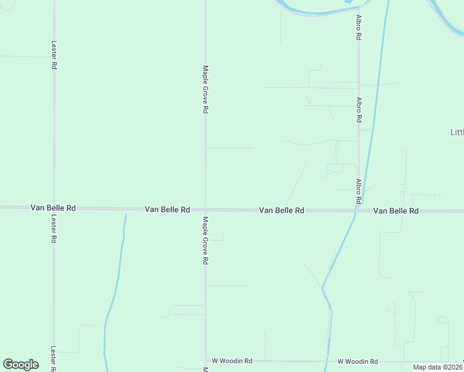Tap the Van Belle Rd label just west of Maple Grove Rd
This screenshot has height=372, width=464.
pyautogui.click(x=167, y=210)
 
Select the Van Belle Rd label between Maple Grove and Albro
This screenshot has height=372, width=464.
pyautogui.click(x=281, y=210)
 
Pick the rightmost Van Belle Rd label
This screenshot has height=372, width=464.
pyautogui.click(x=396, y=211)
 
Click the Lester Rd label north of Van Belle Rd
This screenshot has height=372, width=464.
pyautogui.click(x=54, y=55)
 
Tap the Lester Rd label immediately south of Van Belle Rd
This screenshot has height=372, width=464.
pyautogui.click(x=54, y=229)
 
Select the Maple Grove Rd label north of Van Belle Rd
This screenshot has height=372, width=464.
pyautogui.click(x=205, y=89)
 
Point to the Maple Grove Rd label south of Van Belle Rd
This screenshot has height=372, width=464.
pyautogui.click(x=205, y=241)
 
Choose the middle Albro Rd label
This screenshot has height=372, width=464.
pyautogui.click(x=359, y=108)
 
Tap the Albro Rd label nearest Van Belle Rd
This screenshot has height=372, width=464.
pyautogui.click(x=359, y=192)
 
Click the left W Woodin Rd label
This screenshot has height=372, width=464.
pyautogui.click(x=232, y=360)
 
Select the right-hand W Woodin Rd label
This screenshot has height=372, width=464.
pyautogui.click(x=357, y=361)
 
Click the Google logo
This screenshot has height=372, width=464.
pyautogui.click(x=20, y=365)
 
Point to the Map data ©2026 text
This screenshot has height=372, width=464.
pyautogui.click(x=437, y=367)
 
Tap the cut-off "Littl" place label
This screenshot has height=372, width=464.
pyautogui.click(x=457, y=132)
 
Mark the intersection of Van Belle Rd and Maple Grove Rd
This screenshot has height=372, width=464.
pyautogui.click(x=205, y=210)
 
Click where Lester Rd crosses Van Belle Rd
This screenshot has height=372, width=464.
pyautogui.click(x=54, y=208)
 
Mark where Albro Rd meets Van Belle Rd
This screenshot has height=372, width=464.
pyautogui.click(x=359, y=211)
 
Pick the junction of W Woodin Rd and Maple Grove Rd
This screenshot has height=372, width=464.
pyautogui.click(x=205, y=360)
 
